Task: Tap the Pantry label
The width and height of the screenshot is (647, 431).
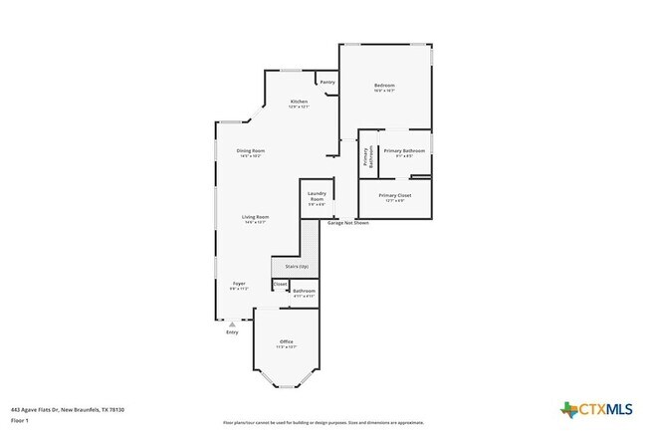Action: [x=327, y=82]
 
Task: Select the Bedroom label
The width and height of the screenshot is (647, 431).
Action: [x=385, y=86]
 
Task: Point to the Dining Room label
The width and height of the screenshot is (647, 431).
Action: [x=251, y=150]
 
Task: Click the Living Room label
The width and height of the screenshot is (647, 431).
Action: [x=256, y=217]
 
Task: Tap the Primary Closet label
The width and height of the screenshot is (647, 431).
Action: [x=395, y=195]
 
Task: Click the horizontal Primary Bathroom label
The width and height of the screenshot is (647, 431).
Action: [x=405, y=150]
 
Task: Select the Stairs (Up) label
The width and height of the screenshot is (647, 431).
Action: [x=297, y=267]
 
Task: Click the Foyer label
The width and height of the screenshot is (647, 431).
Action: [x=240, y=284]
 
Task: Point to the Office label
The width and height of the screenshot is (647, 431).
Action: [x=286, y=342]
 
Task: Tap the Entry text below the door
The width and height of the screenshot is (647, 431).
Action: [x=232, y=331]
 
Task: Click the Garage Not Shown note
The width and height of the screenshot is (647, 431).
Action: [x=355, y=223]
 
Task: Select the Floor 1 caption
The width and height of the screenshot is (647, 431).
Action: [x=20, y=419]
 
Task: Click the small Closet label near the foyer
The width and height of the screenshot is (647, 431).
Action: [x=280, y=284]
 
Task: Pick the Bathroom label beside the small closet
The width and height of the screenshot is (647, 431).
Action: [x=304, y=291]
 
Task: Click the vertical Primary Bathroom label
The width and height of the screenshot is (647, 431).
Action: [x=367, y=157]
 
